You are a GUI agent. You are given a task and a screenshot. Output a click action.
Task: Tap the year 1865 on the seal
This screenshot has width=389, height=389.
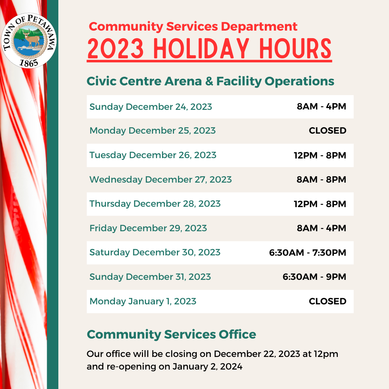click(29, 63)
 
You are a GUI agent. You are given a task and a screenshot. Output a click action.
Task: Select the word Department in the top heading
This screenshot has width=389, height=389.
click(259, 27)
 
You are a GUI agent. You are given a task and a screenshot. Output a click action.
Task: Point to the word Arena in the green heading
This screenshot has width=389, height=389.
click(183, 81)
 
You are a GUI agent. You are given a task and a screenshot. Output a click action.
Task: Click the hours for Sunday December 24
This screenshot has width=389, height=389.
click(321, 106)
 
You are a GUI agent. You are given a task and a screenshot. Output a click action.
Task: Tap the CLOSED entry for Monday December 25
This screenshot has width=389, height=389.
click(327, 130)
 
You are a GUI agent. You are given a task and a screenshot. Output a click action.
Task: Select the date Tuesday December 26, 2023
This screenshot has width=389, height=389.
click(153, 155)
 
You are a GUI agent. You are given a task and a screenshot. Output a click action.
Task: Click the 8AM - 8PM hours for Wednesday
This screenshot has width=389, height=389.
click(321, 179)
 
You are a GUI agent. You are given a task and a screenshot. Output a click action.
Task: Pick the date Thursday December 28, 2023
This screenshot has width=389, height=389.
click(155, 204)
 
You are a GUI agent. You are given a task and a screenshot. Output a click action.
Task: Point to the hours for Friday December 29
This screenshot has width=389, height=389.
click(321, 228)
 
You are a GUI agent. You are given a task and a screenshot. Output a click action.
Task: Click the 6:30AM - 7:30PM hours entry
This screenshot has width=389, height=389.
click(308, 252)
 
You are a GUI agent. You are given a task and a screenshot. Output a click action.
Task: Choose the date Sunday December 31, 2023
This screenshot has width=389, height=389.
click(150, 277)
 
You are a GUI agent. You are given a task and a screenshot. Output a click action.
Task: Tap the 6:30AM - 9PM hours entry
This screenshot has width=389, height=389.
click(314, 277)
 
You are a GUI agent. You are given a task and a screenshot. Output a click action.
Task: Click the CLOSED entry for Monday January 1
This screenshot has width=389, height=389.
click(327, 301)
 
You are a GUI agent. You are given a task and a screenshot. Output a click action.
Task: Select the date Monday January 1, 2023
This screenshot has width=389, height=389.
click(143, 301)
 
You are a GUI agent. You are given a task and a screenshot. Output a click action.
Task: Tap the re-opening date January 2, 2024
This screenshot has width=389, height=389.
click(207, 367)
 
